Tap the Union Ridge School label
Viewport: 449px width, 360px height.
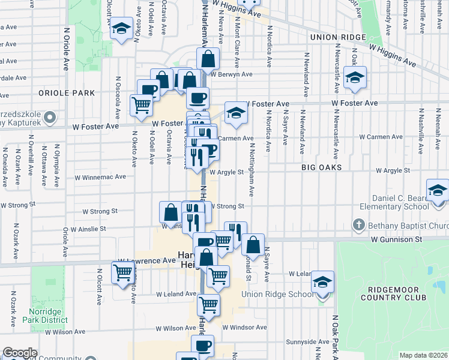[277, 294]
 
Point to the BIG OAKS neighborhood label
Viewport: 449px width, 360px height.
[322, 167]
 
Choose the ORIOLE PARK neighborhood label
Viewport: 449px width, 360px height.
[67, 93]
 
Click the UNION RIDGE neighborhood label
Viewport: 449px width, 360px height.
[338, 37]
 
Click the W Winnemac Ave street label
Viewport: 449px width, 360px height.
[100, 177]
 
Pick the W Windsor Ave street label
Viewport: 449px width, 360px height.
[244, 328]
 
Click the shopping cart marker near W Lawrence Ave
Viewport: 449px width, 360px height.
[123, 272]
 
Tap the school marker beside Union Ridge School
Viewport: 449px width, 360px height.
[322, 282]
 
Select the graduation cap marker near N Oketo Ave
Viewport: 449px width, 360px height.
[121, 28]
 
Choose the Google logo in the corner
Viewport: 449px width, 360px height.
[20, 353]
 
